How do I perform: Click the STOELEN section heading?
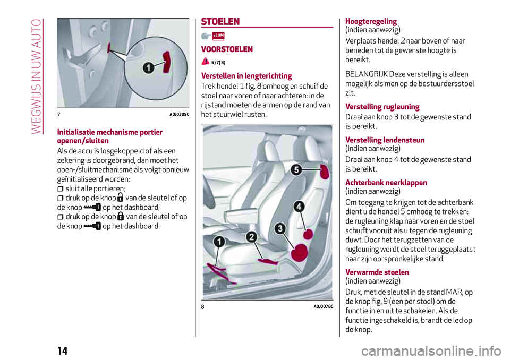pos(221,22)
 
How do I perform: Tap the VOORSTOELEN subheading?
pos(227,49)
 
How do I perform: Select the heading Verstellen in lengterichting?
pos(246,75)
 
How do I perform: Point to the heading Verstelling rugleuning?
pos(382,107)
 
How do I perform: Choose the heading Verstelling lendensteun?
pos(385,140)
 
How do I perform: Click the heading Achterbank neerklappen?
pos(386,183)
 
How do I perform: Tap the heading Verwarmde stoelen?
pos(377,272)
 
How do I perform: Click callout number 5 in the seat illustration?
pos(296,170)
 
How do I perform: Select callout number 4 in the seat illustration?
pos(299,205)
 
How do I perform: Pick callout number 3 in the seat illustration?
pos(280,229)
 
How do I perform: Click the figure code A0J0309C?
pos(180,115)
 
